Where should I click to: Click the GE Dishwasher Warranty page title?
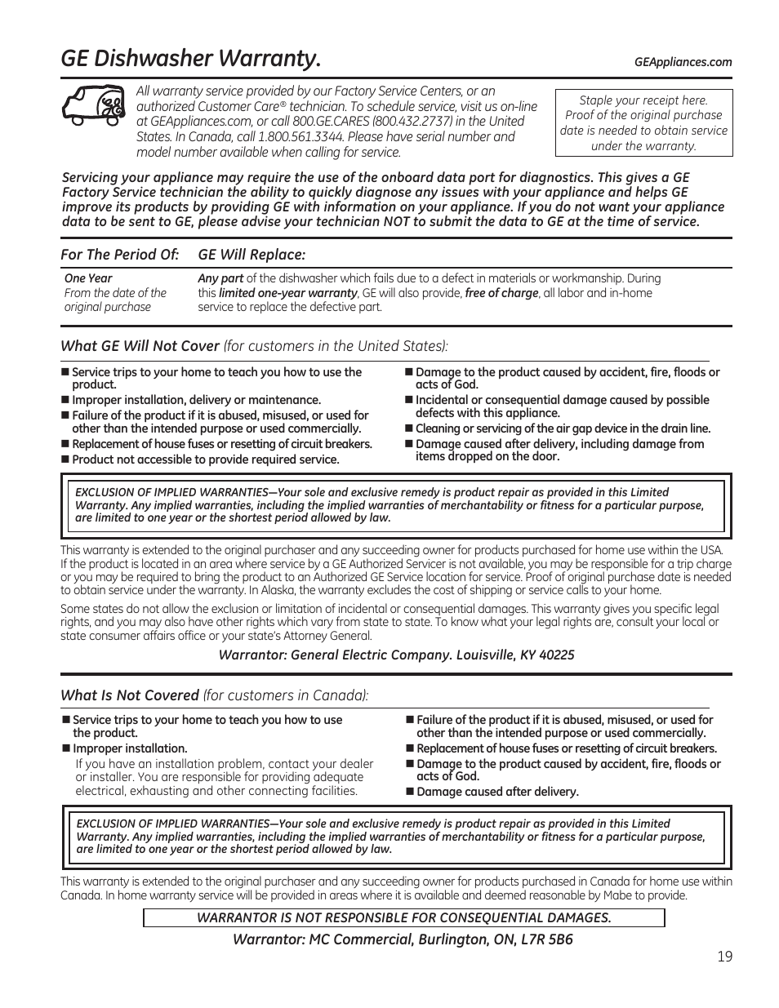pos(190,59)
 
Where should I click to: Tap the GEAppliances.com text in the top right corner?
pos(683,62)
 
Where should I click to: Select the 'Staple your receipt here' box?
pos(643,122)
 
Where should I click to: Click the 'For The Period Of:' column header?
pos(119,255)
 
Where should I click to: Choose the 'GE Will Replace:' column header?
pos(252,255)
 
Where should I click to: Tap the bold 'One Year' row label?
pos(88,278)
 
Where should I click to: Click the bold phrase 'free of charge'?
pos(501,293)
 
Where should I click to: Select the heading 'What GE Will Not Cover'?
pos(140,346)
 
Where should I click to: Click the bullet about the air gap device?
pos(563,429)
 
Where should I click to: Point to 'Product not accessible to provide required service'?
pos(205,460)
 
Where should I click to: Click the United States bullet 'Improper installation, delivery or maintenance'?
pos(196,400)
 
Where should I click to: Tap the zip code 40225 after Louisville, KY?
pos(557,655)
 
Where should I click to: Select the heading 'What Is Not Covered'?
pos(130,695)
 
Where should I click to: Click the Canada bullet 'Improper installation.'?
pos(130,748)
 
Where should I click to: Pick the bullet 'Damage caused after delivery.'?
pos(497,792)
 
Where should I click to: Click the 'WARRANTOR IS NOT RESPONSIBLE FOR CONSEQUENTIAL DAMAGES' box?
pos(403,917)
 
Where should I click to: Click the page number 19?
pos(725,957)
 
